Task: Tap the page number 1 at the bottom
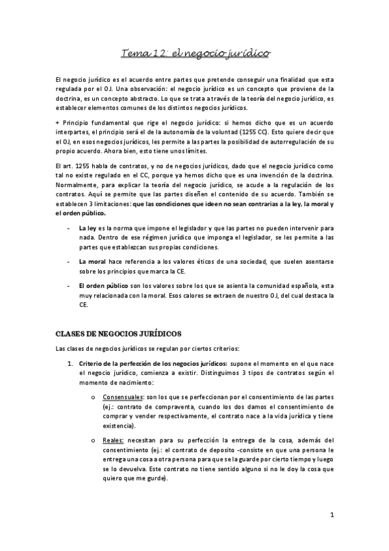click(x=331, y=517)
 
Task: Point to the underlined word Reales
click(x=112, y=440)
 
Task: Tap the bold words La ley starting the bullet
click(x=87, y=229)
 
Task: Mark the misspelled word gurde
click(x=156, y=480)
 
